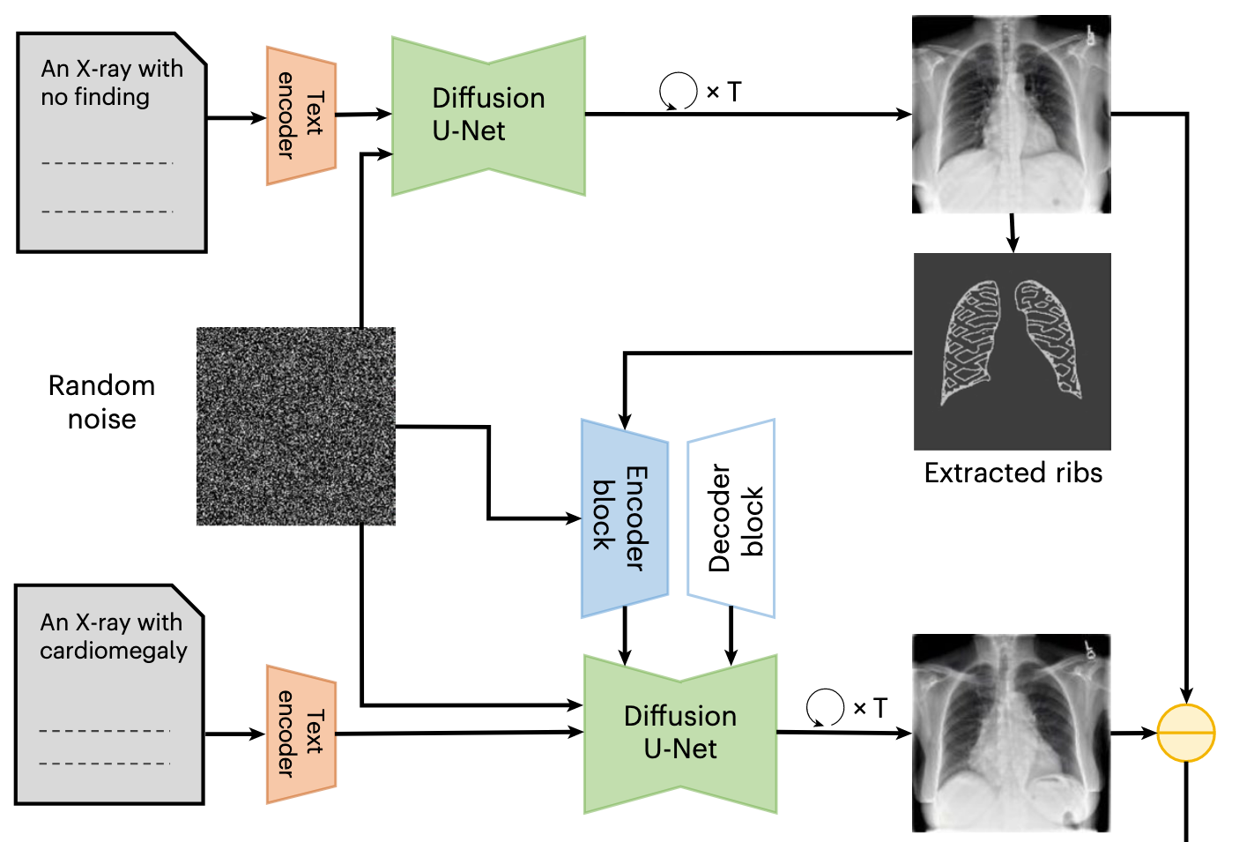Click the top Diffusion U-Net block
click(x=488, y=115)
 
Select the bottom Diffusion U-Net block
click(x=679, y=733)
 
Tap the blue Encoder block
click(x=624, y=518)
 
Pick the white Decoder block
click(x=731, y=518)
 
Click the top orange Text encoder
click(x=301, y=115)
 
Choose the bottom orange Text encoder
click(x=301, y=734)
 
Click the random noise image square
click(x=295, y=426)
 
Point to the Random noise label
click(x=101, y=402)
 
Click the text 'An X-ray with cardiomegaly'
click(x=113, y=636)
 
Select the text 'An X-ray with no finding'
click(x=111, y=82)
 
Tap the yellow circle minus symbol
click(x=1185, y=733)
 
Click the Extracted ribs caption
click(x=1013, y=473)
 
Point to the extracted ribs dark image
click(x=1012, y=351)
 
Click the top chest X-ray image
click(x=1011, y=114)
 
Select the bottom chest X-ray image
click(x=1011, y=732)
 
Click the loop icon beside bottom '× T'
click(x=825, y=707)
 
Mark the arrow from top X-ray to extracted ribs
click(x=1013, y=233)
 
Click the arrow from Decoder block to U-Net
click(x=731, y=635)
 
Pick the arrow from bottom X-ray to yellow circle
click(x=1133, y=733)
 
